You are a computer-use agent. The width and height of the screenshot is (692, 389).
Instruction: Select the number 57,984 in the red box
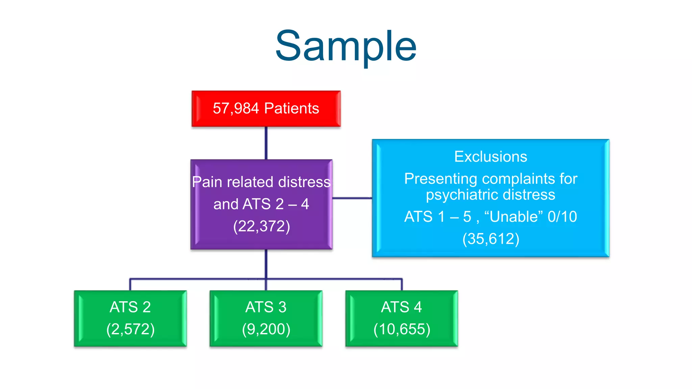(236, 108)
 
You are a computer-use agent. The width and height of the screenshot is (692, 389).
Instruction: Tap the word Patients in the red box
(292, 108)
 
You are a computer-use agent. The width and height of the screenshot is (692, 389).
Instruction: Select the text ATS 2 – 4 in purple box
(276, 204)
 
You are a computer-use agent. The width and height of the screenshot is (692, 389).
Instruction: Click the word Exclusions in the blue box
(491, 157)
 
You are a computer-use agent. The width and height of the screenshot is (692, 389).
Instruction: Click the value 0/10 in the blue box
(562, 216)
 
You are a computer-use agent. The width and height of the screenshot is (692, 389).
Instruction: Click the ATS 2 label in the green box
(130, 307)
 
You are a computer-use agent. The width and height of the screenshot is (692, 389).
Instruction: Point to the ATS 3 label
(266, 307)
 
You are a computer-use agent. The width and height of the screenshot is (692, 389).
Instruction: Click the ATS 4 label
(401, 307)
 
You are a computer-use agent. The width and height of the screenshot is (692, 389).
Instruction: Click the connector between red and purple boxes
(266, 143)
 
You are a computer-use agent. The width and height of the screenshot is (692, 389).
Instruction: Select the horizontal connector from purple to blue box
(352, 198)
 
